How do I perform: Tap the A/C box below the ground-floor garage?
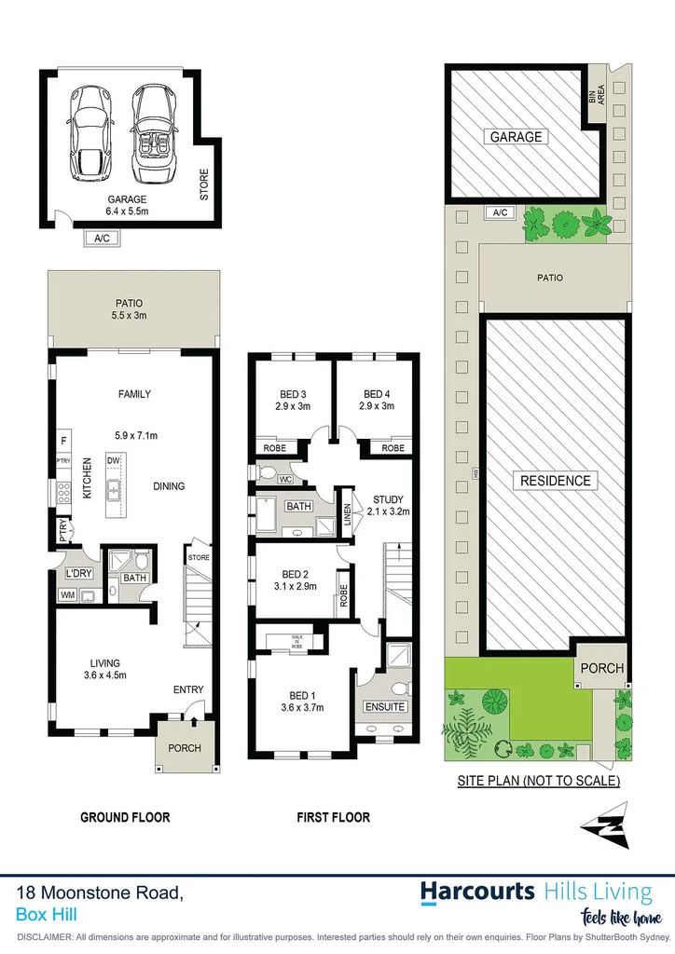(x=102, y=238)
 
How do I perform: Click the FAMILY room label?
(x=133, y=394)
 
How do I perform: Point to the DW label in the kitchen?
(x=115, y=459)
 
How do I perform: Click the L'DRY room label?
(x=79, y=573)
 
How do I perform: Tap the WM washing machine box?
(x=68, y=593)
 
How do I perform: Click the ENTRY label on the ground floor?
(x=187, y=689)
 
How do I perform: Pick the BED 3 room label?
(x=292, y=400)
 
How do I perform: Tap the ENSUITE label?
(x=384, y=707)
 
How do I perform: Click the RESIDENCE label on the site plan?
(x=556, y=481)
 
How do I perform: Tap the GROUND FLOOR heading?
(x=125, y=817)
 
